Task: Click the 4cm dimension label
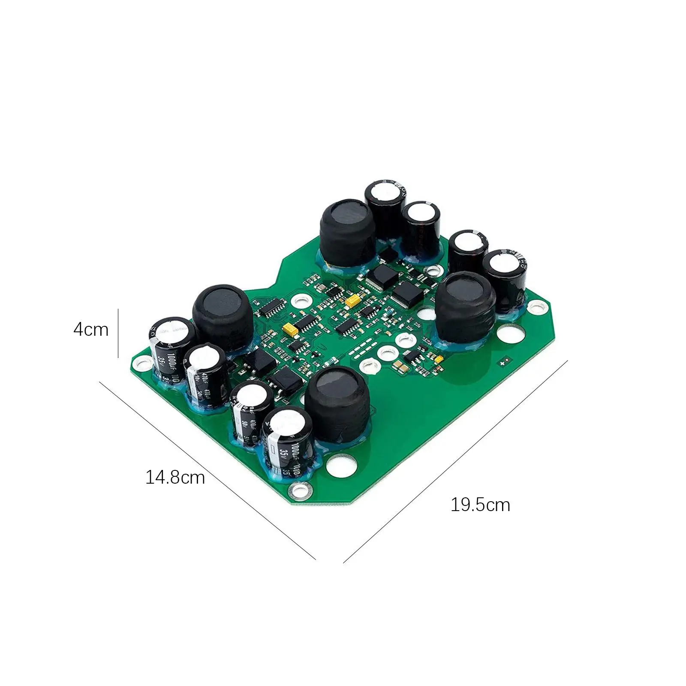[x=91, y=330]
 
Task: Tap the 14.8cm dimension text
[x=175, y=477]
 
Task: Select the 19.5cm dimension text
[x=480, y=505]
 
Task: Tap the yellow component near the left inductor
[x=292, y=330]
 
